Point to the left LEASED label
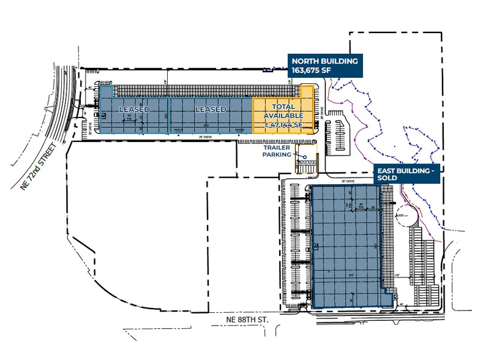pos(134,110)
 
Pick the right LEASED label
pos(211,110)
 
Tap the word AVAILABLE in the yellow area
pos(283,116)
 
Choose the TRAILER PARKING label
pos(277,151)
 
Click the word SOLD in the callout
pos(387,178)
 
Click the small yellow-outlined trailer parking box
pos(307,160)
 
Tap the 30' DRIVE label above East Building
pos(347,182)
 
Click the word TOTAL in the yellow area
pos(283,107)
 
